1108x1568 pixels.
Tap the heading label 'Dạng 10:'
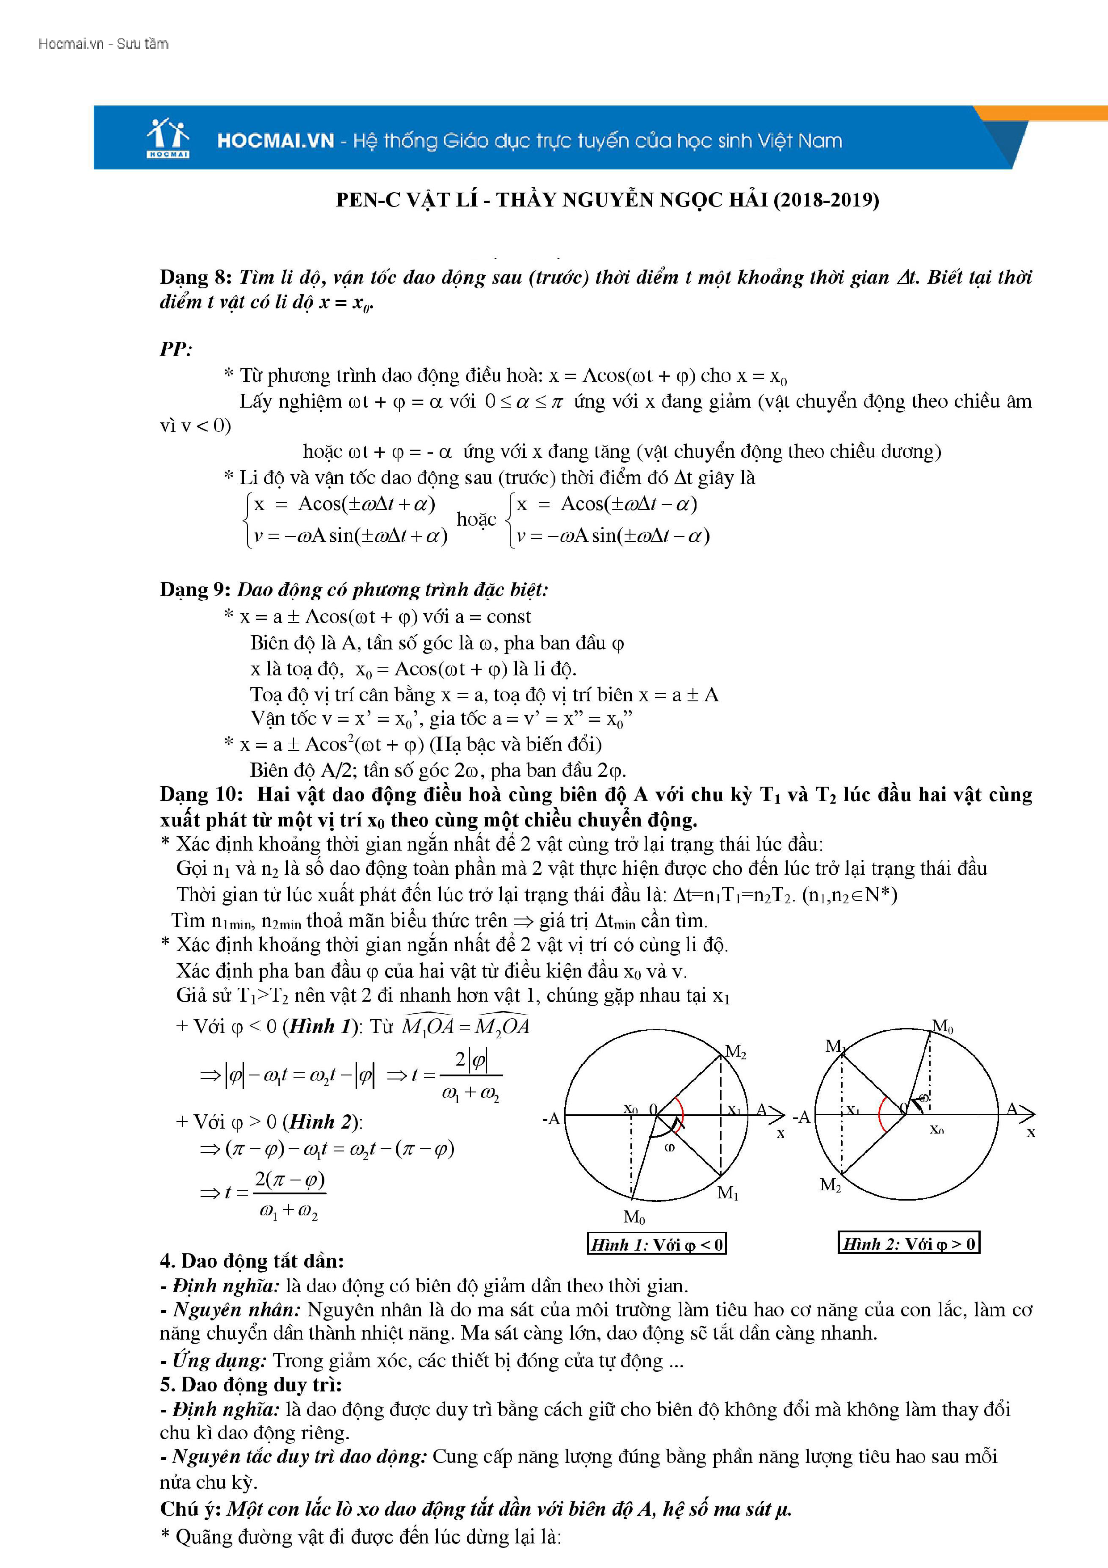[201, 794]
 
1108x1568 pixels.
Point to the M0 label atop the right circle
[942, 1026]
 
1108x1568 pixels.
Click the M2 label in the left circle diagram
[735, 1052]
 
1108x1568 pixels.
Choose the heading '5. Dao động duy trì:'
[251, 1384]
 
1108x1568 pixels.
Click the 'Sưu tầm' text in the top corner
[143, 44]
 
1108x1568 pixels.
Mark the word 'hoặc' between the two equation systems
[476, 519]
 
